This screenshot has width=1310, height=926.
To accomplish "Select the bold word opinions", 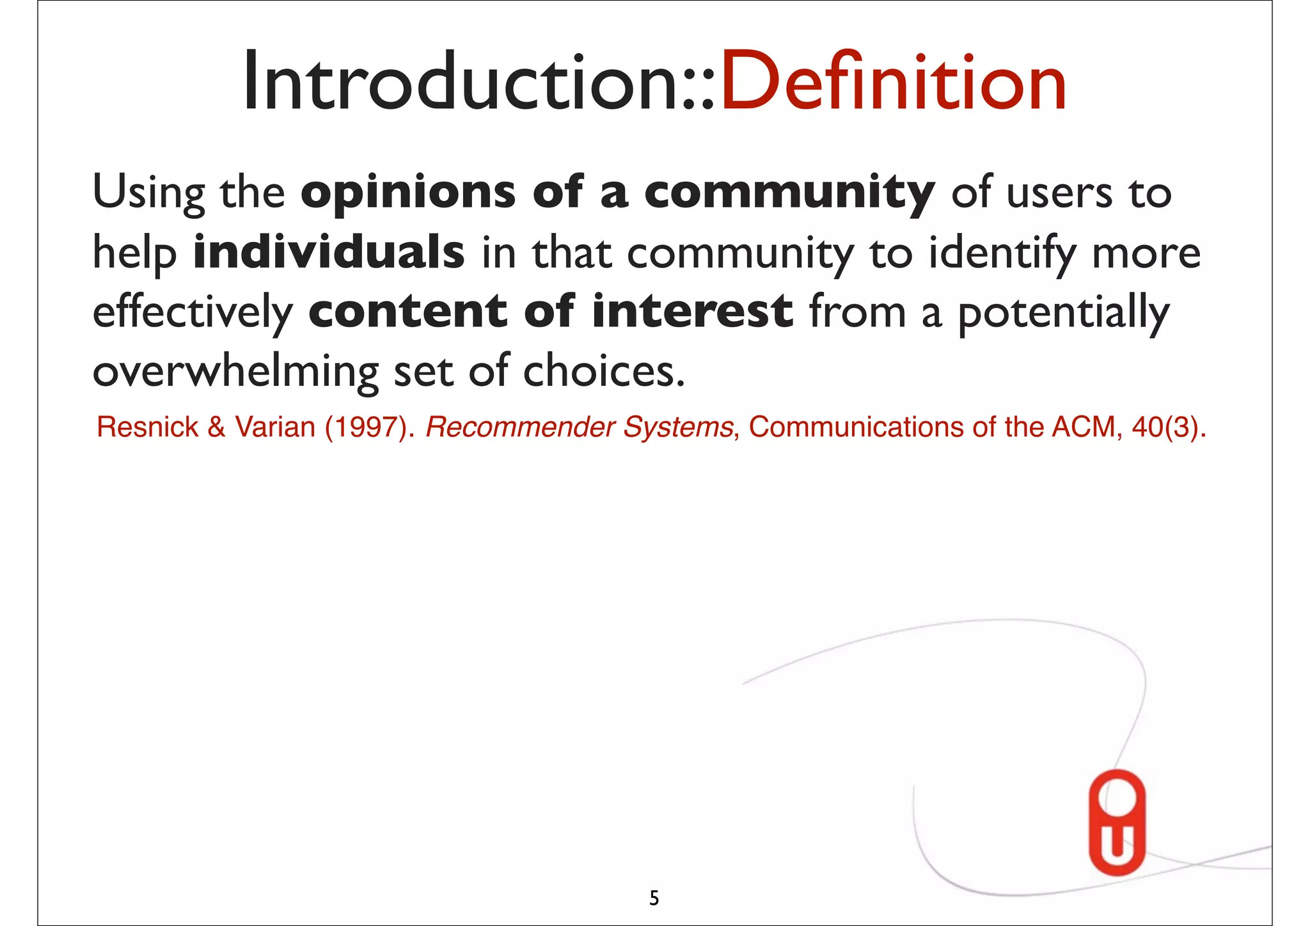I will (407, 192).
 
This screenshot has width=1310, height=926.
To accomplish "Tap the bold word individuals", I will (329, 252).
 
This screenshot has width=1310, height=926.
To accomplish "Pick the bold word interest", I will (692, 311).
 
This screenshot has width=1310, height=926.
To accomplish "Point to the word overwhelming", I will (235, 371).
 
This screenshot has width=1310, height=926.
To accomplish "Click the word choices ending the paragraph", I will (603, 371).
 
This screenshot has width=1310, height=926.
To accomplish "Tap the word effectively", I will (192, 312).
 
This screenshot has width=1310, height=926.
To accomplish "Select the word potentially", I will (1063, 312).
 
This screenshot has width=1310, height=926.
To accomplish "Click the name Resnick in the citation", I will (147, 427).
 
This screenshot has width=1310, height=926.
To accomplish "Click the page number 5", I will (654, 898).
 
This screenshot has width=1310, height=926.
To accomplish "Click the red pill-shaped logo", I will (1117, 822).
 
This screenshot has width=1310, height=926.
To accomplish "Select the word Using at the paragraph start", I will (148, 192).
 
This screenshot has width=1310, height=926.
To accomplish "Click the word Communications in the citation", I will (855, 427).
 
